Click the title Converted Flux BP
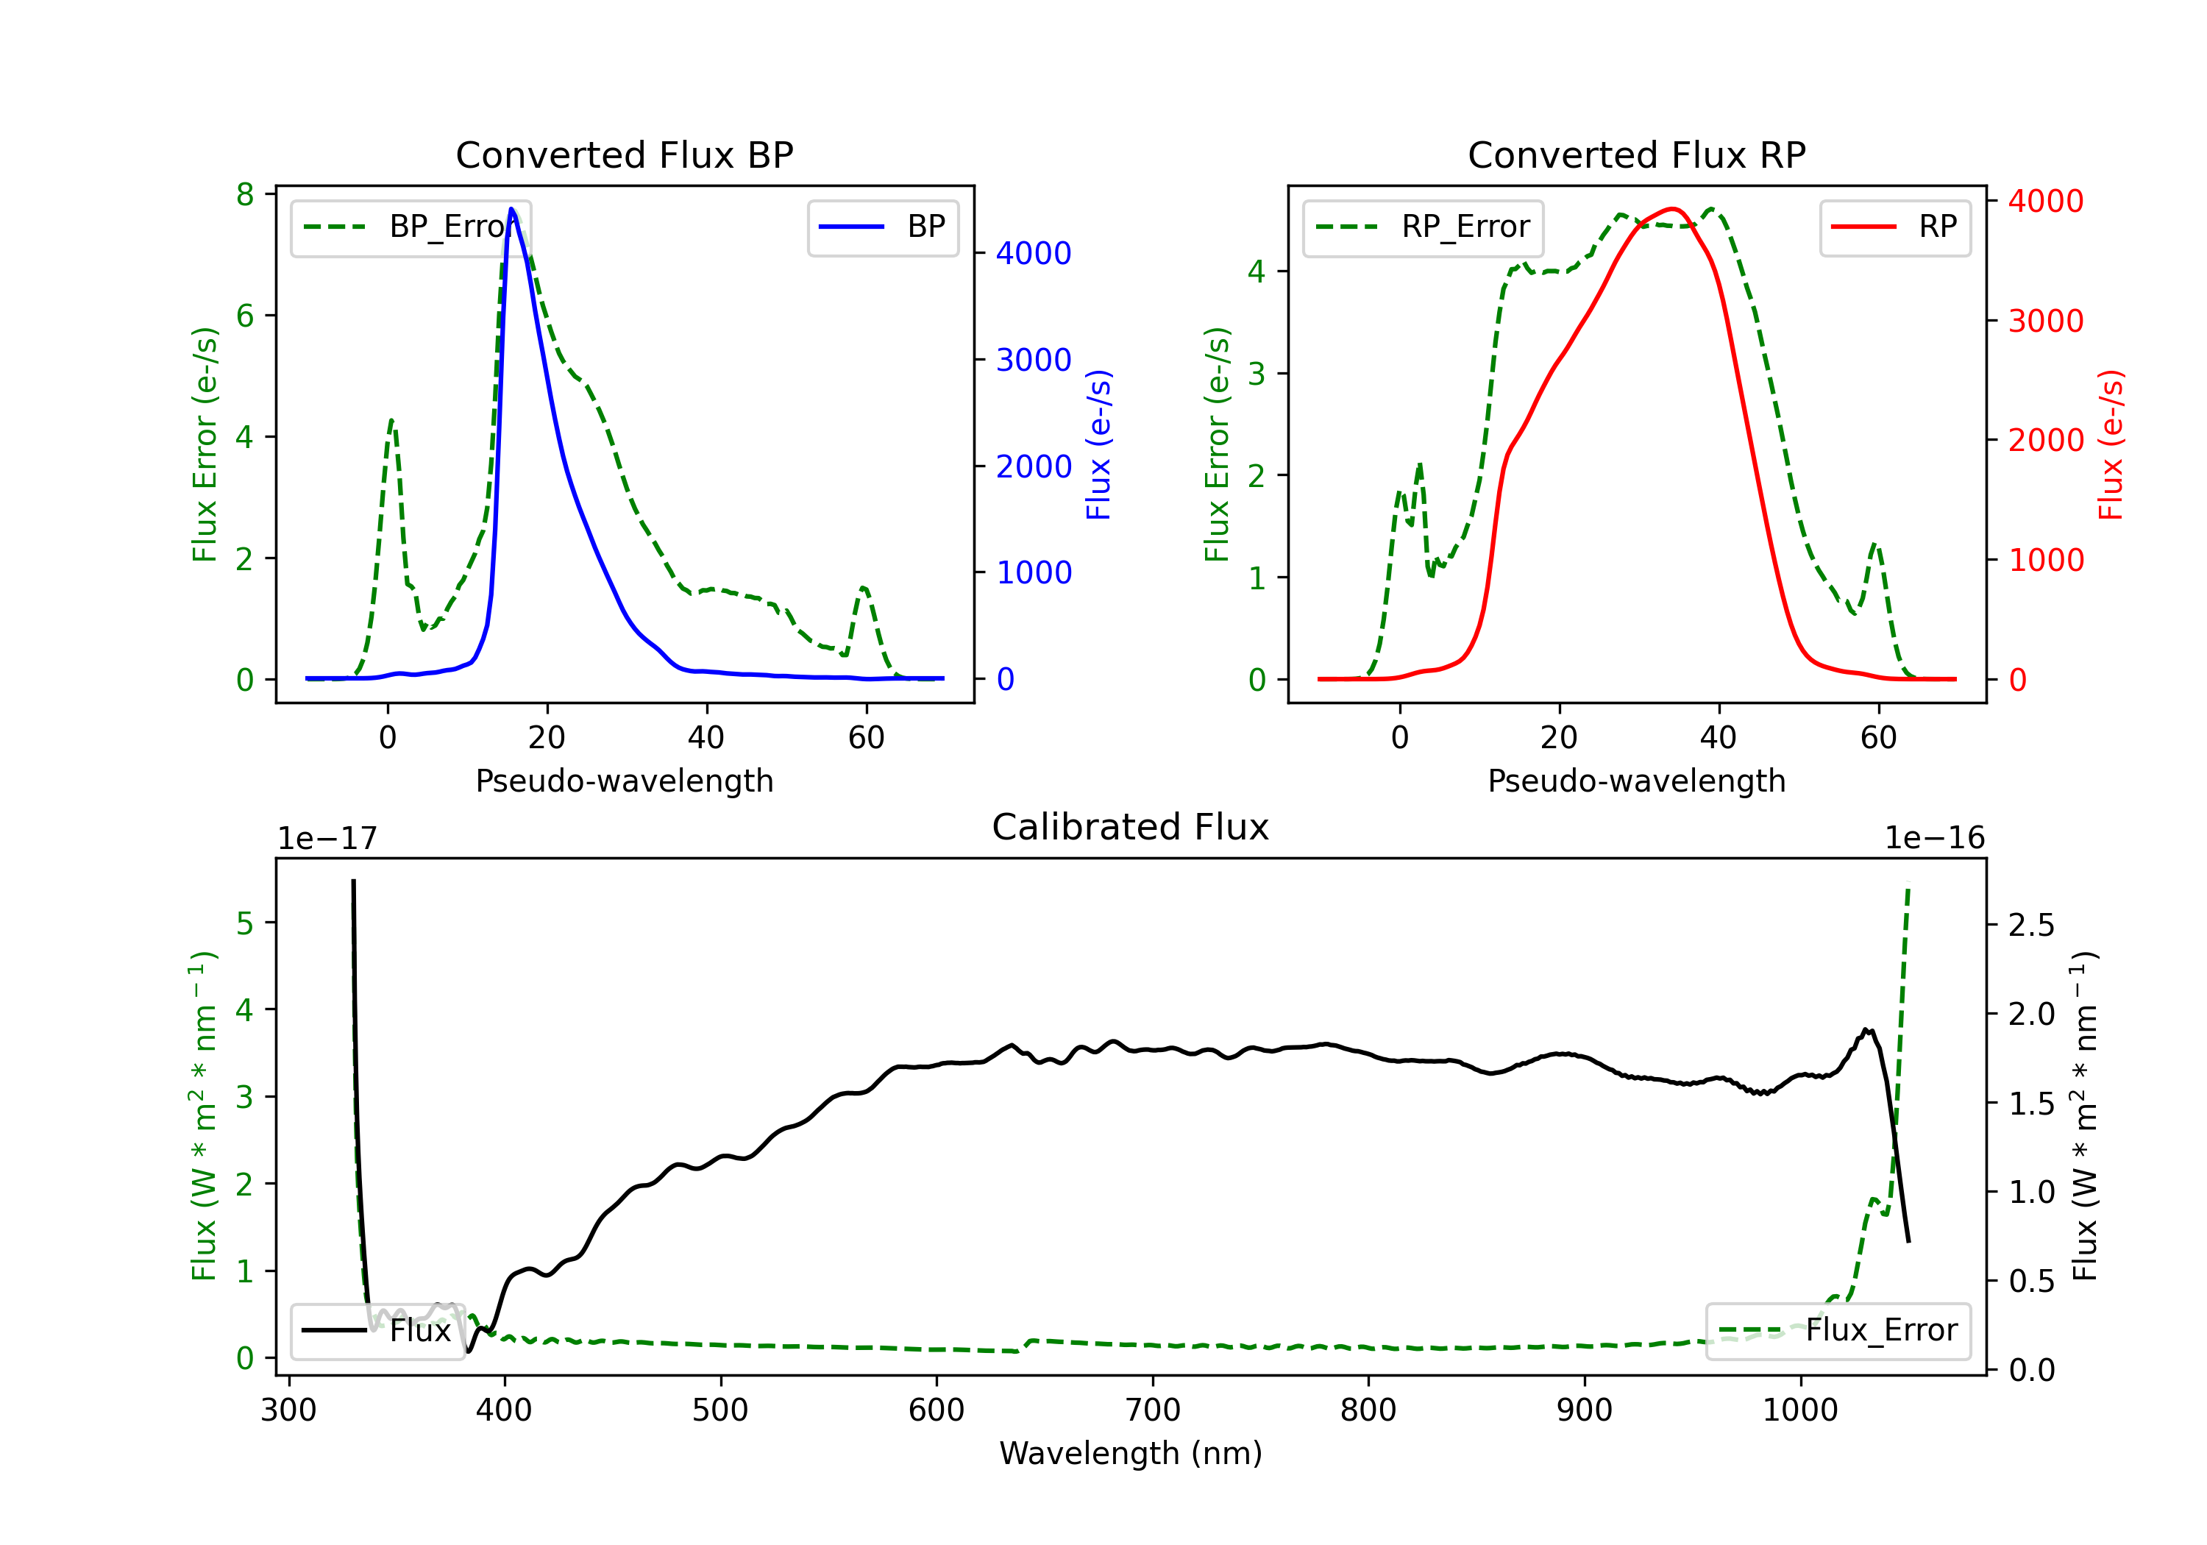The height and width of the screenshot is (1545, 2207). tap(624, 154)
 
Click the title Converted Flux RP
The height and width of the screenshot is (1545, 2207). tap(1636, 154)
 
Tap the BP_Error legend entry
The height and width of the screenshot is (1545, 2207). tap(411, 227)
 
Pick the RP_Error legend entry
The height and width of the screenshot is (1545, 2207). tap(1423, 227)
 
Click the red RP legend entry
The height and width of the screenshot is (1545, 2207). tap(1894, 227)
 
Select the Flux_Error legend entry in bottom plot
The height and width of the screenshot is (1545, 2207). tap(1838, 1331)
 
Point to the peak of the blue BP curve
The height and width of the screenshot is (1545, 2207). tap(511, 209)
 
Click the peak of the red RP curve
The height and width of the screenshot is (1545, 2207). tap(1673, 209)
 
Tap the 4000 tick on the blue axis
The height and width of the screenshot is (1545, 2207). tap(1034, 254)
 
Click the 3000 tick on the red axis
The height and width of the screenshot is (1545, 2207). tap(2045, 321)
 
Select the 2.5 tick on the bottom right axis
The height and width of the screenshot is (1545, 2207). tap(2031, 925)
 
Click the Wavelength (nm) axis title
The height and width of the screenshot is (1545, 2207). tap(1131, 1453)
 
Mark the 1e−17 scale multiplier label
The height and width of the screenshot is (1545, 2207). tap(327, 839)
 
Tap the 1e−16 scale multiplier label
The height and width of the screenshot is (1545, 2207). tap(1934, 839)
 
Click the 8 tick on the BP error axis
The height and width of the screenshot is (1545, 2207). tap(245, 195)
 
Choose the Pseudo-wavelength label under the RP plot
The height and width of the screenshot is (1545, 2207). tap(1636, 781)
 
